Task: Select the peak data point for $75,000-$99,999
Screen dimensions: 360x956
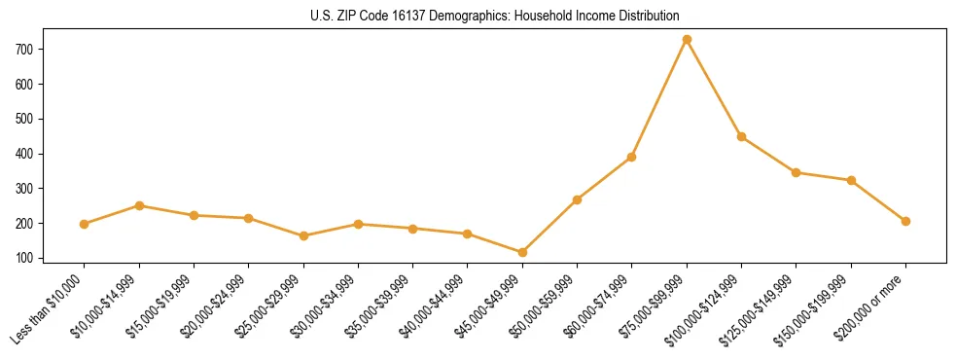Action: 687,40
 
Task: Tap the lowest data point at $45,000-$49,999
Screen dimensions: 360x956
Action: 522,253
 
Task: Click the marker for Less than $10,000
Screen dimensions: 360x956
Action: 85,224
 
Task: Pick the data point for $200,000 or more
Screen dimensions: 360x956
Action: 905,221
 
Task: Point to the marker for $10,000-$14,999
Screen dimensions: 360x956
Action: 139,205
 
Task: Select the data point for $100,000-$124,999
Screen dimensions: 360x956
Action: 741,136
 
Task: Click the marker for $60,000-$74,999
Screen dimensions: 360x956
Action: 632,157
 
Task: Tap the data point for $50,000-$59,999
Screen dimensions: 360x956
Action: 577,199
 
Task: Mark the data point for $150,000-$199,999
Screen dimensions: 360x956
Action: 851,180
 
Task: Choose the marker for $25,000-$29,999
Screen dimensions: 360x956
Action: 303,235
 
